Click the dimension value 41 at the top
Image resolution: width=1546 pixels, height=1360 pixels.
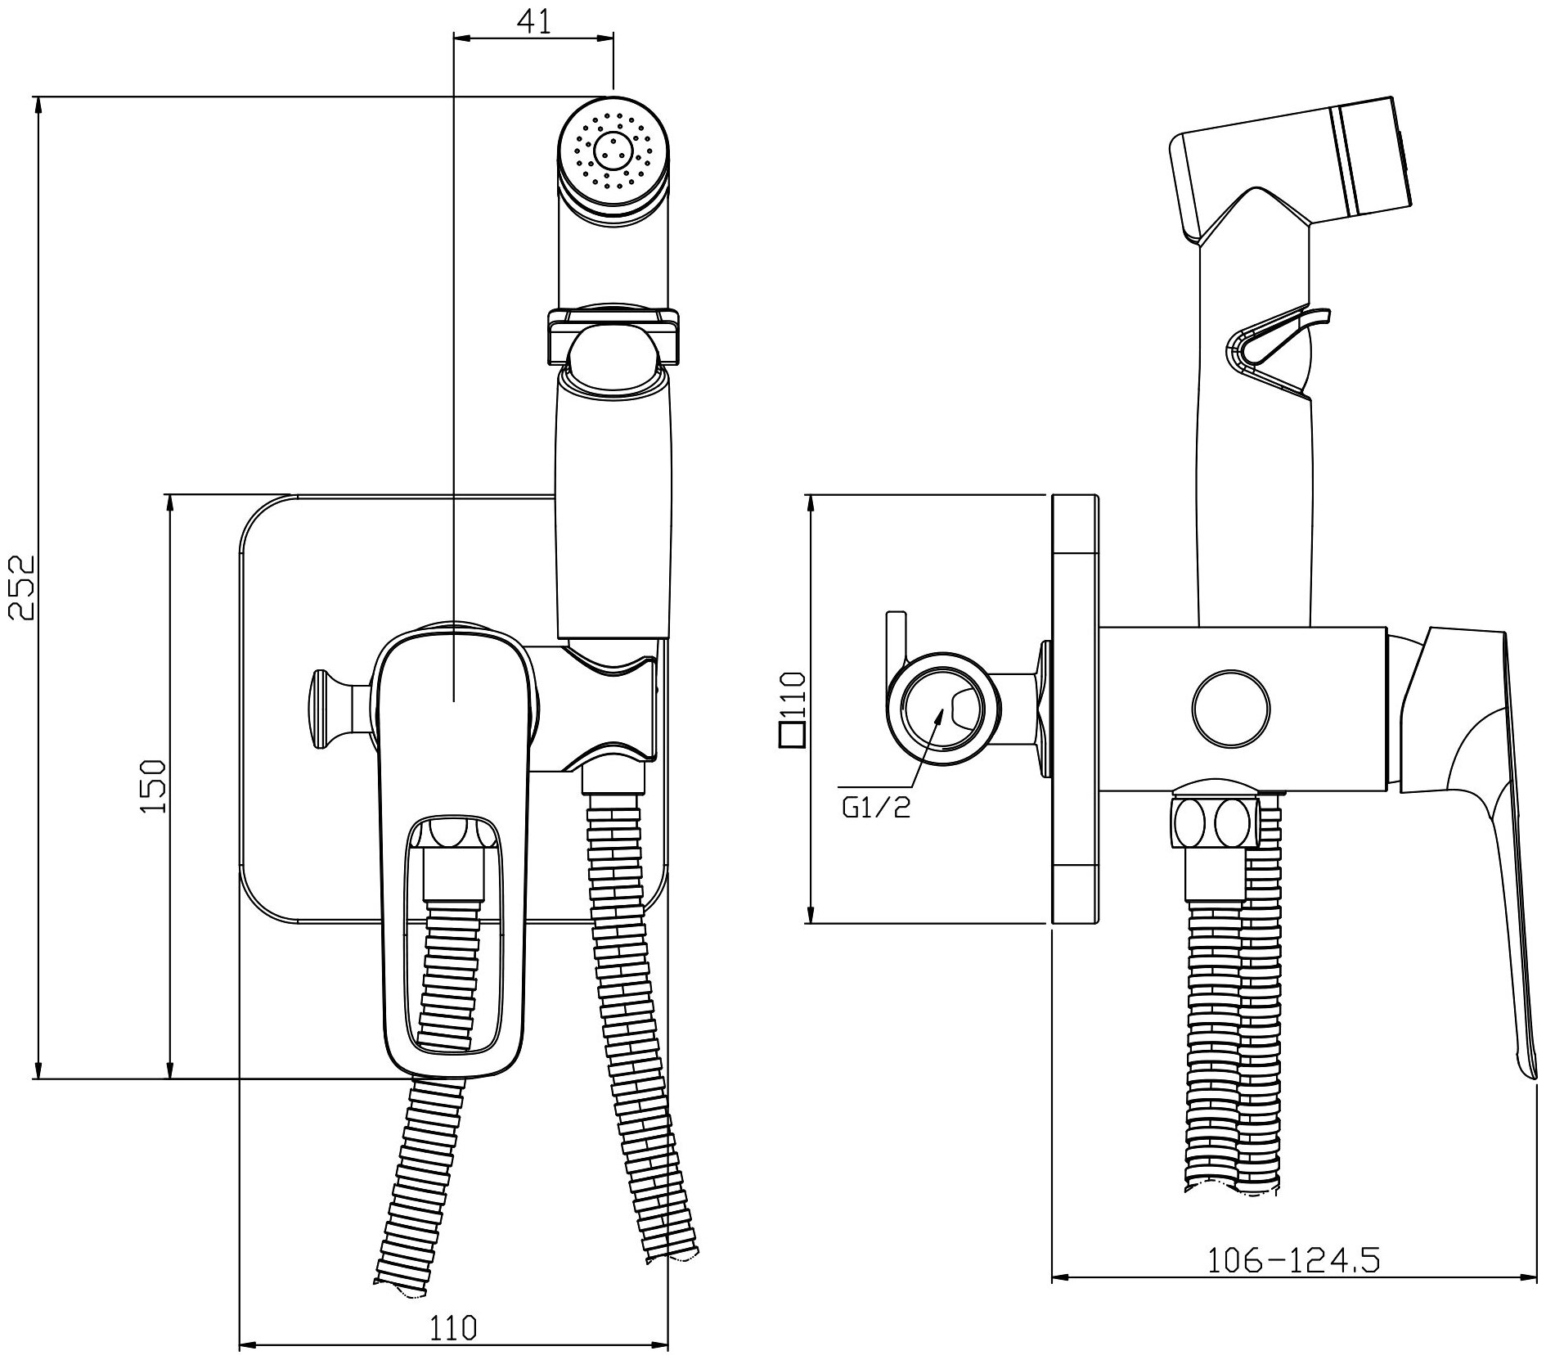point(533,22)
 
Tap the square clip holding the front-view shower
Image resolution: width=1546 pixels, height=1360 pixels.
point(613,335)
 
